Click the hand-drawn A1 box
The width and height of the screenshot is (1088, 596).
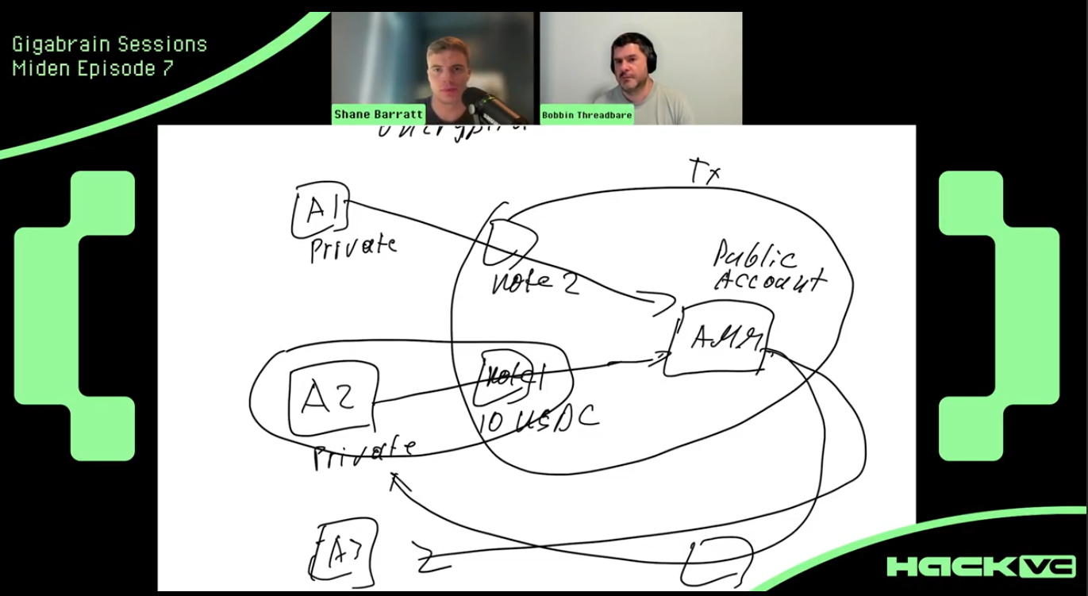[319, 211]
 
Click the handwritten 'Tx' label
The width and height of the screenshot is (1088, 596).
[703, 171]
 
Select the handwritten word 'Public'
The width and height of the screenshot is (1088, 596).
[755, 256]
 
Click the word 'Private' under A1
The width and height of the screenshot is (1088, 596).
[353, 247]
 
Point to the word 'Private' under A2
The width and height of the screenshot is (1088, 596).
[364, 454]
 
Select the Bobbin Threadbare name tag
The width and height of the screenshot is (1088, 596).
[586, 115]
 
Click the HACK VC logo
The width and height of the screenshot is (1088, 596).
[981, 566]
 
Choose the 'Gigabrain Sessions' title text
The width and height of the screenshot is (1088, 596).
[110, 44]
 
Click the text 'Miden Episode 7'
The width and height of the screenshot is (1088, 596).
[93, 68]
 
